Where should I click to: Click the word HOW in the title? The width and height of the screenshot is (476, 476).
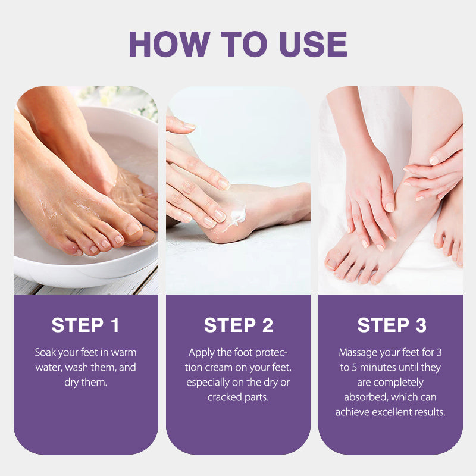(x=170, y=44)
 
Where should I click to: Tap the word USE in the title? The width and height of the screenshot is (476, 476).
(x=314, y=44)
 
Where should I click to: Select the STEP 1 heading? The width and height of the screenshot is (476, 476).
(x=85, y=325)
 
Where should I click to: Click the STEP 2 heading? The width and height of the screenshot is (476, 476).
(x=239, y=325)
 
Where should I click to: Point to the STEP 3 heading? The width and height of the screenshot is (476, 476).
(x=392, y=325)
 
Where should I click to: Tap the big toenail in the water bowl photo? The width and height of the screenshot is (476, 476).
(x=133, y=228)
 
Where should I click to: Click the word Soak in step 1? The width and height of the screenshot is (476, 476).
(x=46, y=352)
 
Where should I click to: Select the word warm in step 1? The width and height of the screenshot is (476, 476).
(x=124, y=353)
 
